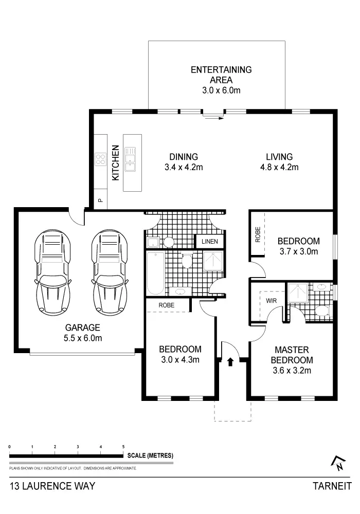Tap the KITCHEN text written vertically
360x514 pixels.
pyautogui.click(x=116, y=162)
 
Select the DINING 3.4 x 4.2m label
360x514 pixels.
pyautogui.click(x=184, y=161)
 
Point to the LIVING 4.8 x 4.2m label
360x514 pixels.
pyautogui.click(x=279, y=161)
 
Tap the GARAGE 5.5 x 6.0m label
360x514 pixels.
pyautogui.click(x=82, y=333)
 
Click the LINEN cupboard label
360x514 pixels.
pyautogui.click(x=209, y=241)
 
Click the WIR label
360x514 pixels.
pyautogui.click(x=272, y=300)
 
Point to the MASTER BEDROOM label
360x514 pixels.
pyautogui.click(x=291, y=355)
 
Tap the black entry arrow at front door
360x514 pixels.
pyautogui.click(x=230, y=361)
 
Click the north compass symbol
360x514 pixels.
pyautogui.click(x=338, y=463)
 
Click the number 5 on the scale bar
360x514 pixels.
pyautogui.click(x=123, y=447)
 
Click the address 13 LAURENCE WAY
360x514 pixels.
pyautogui.click(x=52, y=486)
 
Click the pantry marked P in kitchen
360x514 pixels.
pyautogui.click(x=100, y=200)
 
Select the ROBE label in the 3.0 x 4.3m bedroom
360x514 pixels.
pyautogui.click(x=166, y=305)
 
